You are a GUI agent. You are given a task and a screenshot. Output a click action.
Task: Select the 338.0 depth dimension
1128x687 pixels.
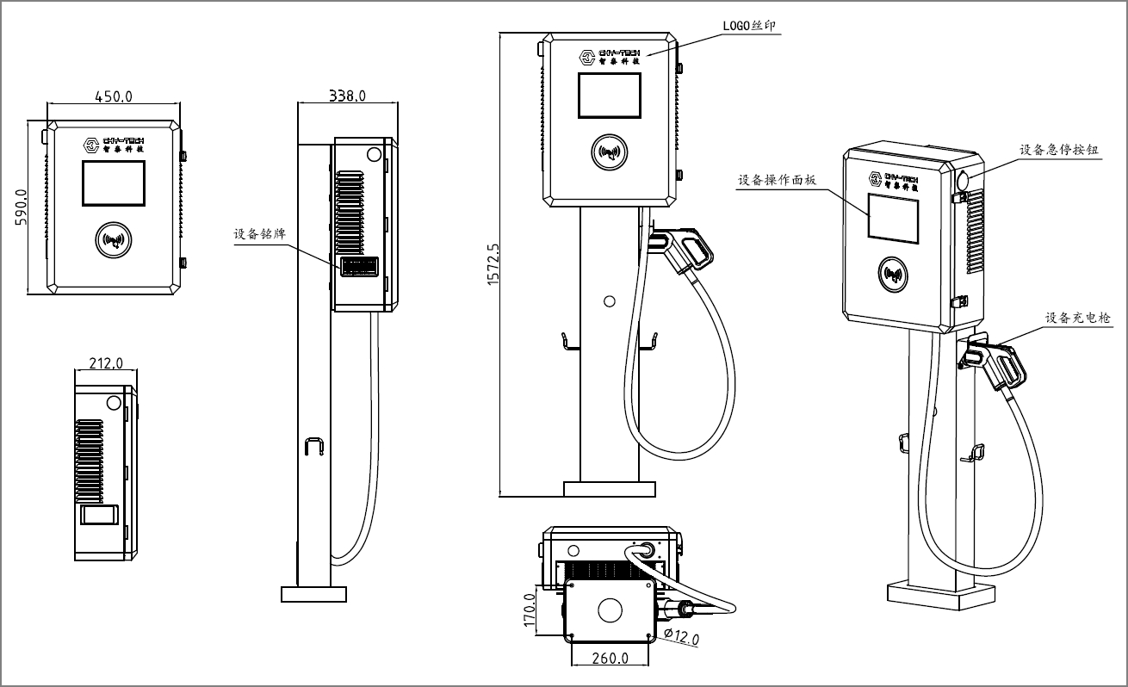[x=347, y=96]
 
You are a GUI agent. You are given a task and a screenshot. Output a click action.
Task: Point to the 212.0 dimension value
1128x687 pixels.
[x=106, y=363]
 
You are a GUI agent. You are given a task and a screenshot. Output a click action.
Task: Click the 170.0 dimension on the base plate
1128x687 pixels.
[x=530, y=609]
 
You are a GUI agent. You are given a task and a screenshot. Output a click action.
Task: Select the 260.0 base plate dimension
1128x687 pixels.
[x=610, y=659]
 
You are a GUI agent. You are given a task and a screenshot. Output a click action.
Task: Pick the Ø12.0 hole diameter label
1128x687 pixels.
[x=681, y=638]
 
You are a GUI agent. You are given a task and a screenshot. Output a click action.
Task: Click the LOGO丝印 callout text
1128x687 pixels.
[x=749, y=26]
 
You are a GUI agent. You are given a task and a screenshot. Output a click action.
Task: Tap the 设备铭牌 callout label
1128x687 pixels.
[x=259, y=233]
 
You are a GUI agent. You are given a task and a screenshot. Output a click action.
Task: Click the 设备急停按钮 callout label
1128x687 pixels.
[x=1058, y=149]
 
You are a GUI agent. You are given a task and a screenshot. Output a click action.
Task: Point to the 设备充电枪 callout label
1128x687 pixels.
[x=1077, y=318]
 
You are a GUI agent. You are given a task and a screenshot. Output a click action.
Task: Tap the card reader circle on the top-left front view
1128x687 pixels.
[x=113, y=240]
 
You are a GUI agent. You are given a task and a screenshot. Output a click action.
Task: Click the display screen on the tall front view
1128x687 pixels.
[x=609, y=96]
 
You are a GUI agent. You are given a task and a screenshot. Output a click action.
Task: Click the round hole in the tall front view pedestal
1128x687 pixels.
[x=610, y=301]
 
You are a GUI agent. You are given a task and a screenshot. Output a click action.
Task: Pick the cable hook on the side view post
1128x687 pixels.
[x=313, y=448]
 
